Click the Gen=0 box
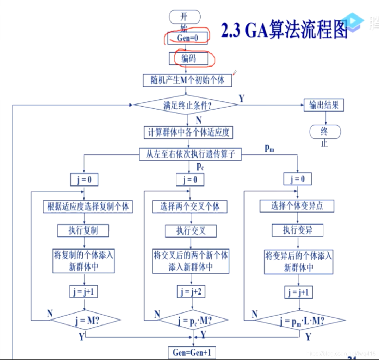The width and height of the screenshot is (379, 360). (x=188, y=38)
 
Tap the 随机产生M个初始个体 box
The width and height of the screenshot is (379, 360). (x=188, y=81)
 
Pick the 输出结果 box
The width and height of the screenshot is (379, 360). (x=324, y=105)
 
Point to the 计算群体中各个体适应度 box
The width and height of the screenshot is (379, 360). (x=189, y=133)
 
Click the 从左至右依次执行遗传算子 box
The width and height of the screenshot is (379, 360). (x=190, y=154)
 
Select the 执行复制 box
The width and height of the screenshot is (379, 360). (x=83, y=230)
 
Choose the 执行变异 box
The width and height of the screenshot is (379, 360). (x=298, y=230)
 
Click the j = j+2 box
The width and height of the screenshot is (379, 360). (x=191, y=291)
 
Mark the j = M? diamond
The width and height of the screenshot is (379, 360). (x=86, y=320)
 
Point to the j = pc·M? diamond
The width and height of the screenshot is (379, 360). (x=193, y=320)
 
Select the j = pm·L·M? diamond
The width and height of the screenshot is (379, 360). (x=300, y=320)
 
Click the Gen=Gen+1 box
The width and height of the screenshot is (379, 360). (x=192, y=352)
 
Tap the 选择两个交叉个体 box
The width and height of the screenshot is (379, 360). (x=190, y=207)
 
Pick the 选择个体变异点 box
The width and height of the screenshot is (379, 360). (x=297, y=206)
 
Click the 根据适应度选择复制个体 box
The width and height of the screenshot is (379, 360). (x=88, y=207)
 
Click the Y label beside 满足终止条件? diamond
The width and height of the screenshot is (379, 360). (x=242, y=99)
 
